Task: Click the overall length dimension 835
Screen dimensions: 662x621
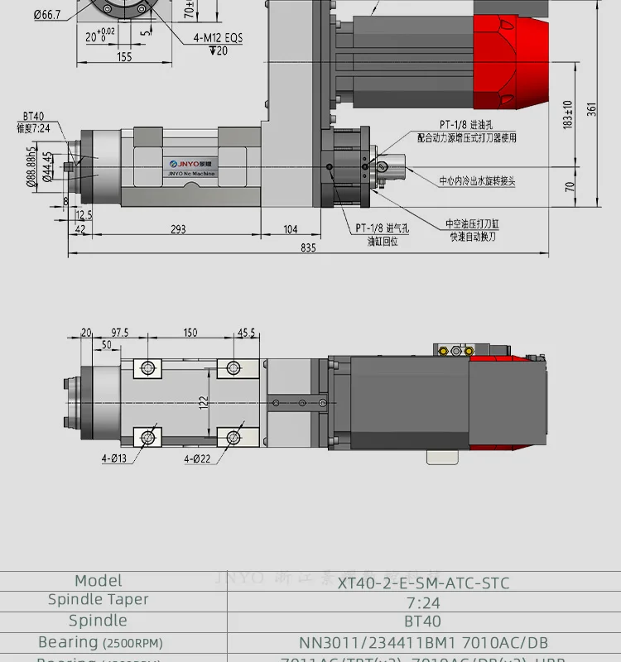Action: (308, 247)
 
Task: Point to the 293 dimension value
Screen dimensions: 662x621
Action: (177, 229)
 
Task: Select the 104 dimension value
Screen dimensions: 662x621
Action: (290, 229)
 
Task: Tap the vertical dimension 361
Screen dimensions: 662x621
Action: (591, 108)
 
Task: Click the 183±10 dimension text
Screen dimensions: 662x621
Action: (568, 115)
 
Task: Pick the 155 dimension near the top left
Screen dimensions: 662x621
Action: (123, 57)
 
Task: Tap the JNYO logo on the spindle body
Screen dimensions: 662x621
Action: (190, 165)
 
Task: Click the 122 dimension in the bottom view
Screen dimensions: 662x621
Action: (204, 401)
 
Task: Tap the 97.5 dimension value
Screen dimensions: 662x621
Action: (120, 332)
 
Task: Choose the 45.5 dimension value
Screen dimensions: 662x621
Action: (247, 332)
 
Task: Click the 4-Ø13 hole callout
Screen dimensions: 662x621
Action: (114, 458)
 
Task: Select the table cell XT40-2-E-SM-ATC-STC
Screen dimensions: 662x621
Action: (423, 583)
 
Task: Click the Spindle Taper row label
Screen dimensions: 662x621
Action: (98, 600)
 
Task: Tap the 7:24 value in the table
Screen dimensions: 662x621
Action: (423, 602)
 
